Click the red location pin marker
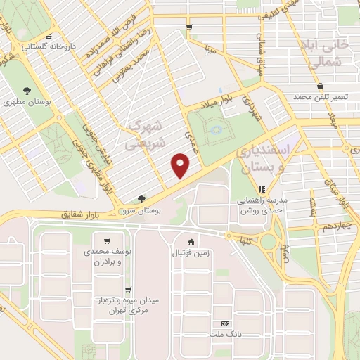coord(181,166)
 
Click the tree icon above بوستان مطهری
coord(27,90)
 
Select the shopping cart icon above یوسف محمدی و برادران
coord(106,240)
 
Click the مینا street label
coord(210,49)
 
